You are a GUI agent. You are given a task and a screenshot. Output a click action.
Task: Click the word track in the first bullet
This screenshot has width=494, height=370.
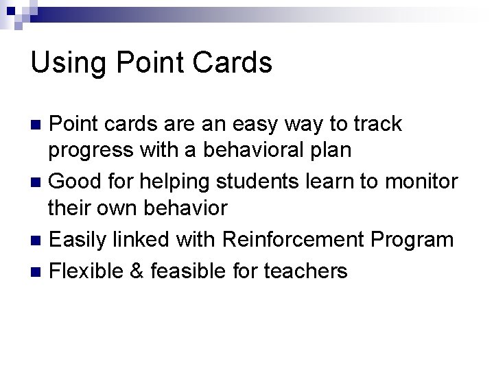[378, 124]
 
